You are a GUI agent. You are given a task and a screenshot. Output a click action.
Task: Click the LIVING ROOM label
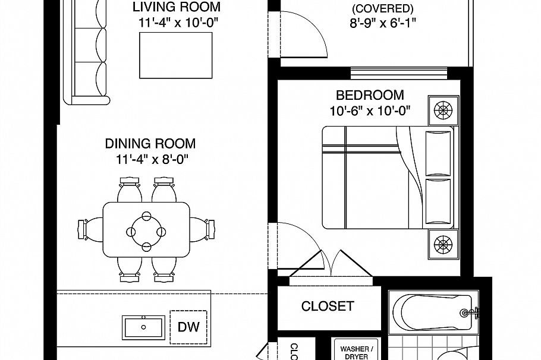[x=176, y=8]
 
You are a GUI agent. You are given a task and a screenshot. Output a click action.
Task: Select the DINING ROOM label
[x=150, y=144]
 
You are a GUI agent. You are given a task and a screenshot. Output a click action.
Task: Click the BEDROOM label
[x=370, y=95]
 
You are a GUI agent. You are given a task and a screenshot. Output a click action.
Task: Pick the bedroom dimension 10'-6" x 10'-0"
[x=370, y=110]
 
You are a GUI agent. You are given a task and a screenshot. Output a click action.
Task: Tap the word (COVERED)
[x=383, y=9]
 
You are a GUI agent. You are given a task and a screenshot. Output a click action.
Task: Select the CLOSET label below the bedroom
[x=328, y=307]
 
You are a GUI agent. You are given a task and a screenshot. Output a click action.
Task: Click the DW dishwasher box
[x=189, y=327]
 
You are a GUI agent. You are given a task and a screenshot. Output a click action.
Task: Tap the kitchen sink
[x=143, y=327]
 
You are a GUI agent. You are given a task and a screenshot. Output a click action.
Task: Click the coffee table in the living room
[x=175, y=55]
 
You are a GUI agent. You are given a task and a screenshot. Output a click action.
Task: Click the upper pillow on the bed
[x=439, y=153]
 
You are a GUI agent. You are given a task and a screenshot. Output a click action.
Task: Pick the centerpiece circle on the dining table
[x=146, y=229]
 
